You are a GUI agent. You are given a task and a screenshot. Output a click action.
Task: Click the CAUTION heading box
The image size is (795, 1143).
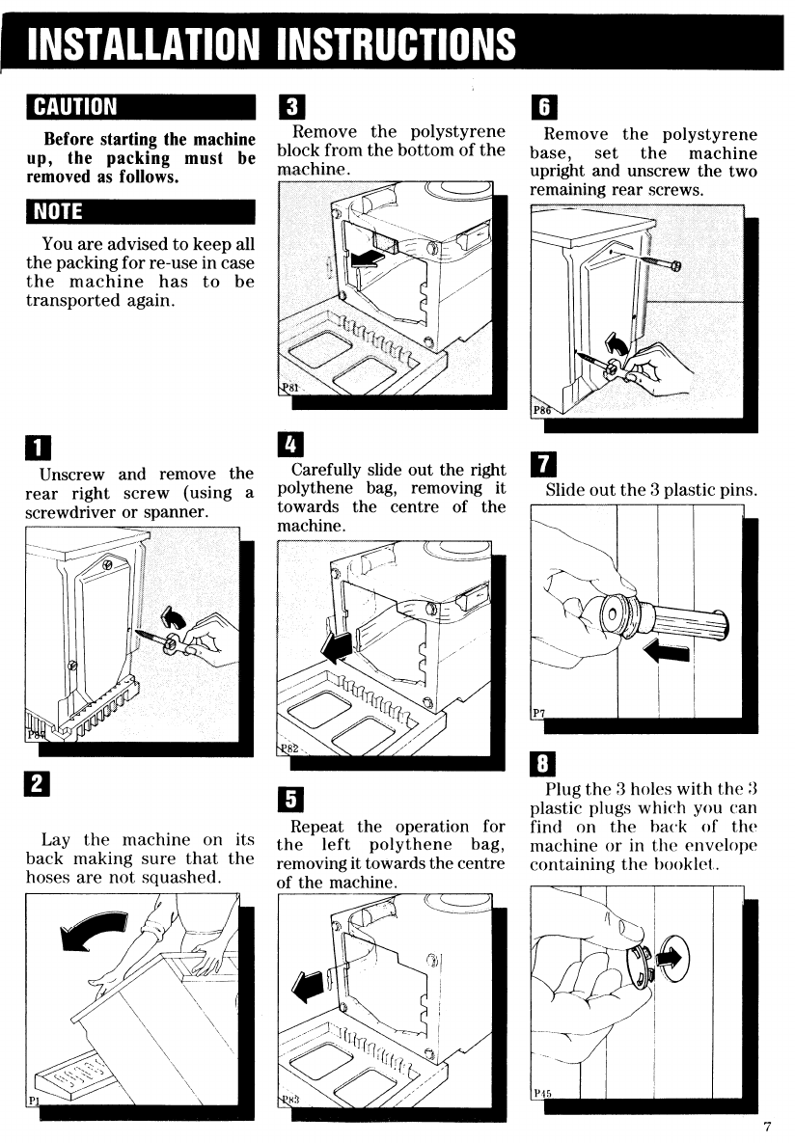pos(140,105)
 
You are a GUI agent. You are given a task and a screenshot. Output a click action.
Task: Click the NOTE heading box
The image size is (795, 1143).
pos(140,210)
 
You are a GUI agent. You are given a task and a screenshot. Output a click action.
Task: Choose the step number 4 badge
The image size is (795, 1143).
pos(288,445)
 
